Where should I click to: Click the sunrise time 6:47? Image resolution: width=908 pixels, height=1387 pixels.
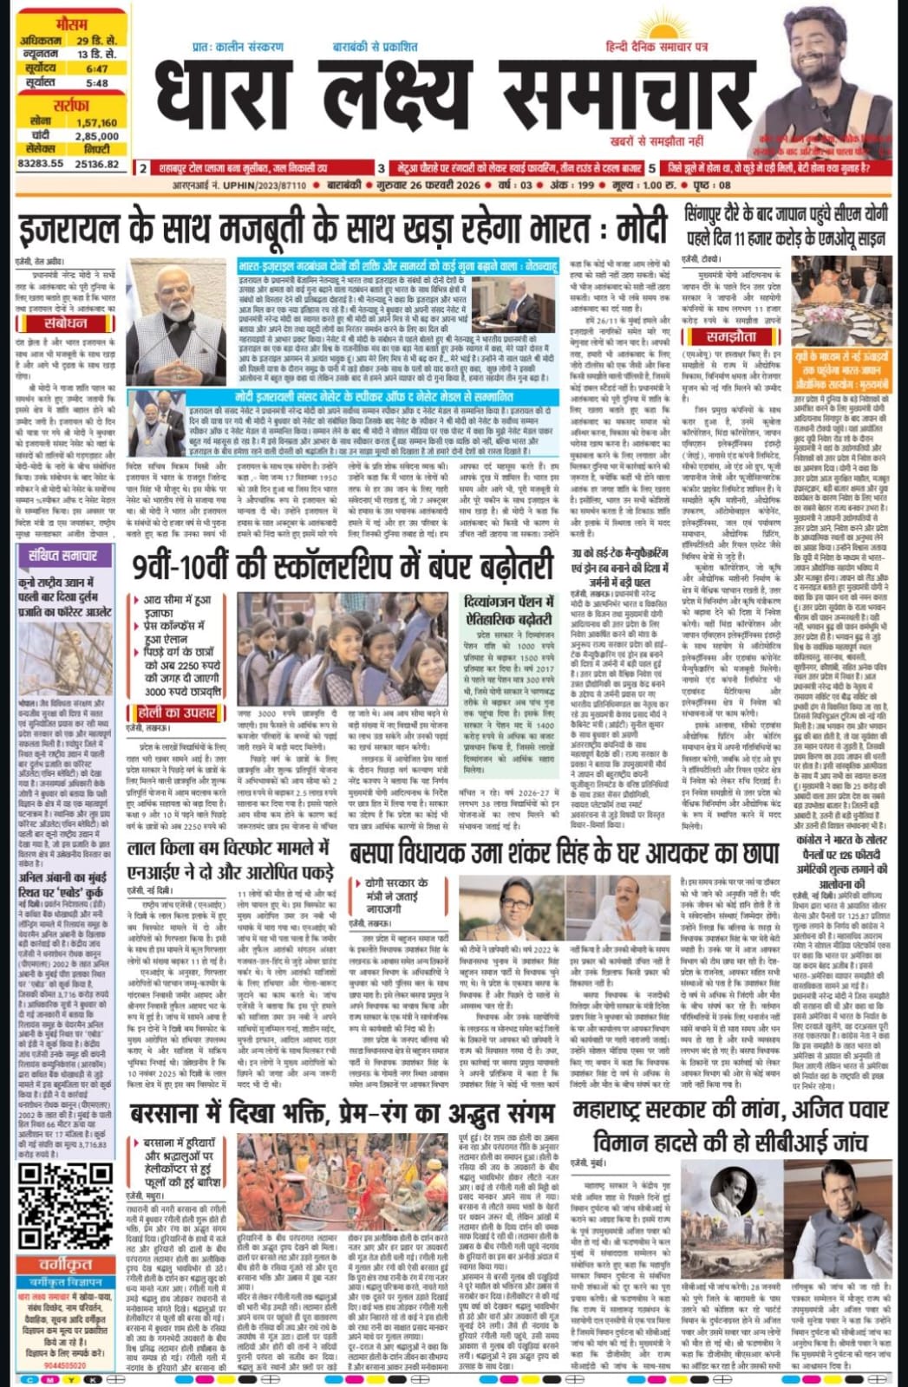(97, 68)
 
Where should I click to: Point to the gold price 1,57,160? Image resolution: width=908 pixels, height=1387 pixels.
(97, 122)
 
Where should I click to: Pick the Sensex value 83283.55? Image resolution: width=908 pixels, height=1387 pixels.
(41, 163)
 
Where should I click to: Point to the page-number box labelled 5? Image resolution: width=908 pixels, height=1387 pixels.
(651, 167)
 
